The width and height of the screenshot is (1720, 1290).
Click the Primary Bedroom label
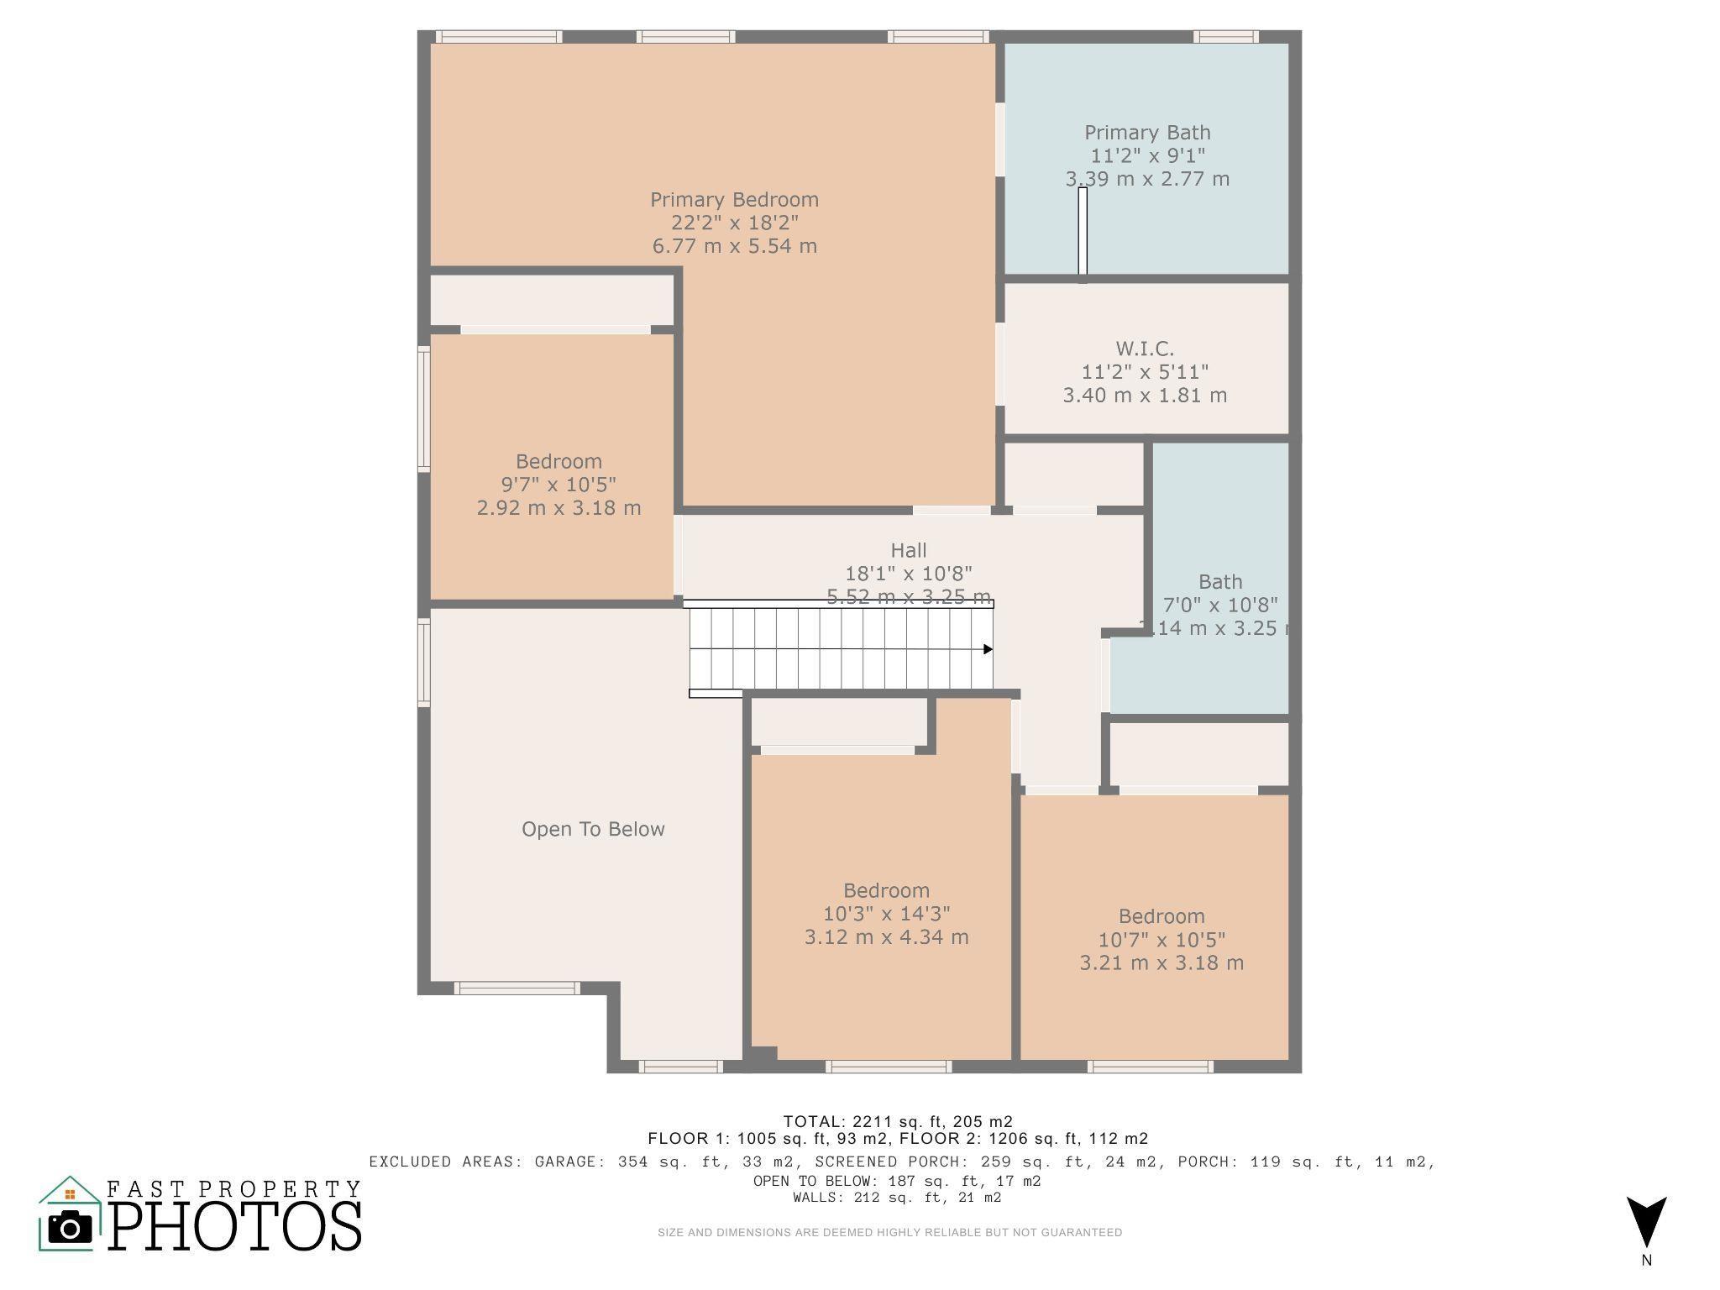[734, 200]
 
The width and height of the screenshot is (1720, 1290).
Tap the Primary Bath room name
[1147, 133]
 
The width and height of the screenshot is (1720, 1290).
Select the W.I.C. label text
[1145, 349]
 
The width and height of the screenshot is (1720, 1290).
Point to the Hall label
[909, 551]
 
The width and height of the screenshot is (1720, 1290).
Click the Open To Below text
[593, 830]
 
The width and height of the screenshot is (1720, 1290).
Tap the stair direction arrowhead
[988, 649]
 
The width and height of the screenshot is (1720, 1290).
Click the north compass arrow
[1646, 1222]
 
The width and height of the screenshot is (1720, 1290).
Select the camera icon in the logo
[71, 1228]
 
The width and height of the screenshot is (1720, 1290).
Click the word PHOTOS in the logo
[235, 1227]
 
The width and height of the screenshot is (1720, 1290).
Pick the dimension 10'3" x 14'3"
[887, 914]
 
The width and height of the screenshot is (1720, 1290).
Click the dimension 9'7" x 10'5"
[558, 485]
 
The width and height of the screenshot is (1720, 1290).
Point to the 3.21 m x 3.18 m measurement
[1162, 963]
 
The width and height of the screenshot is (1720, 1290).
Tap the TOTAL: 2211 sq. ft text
[898, 1121]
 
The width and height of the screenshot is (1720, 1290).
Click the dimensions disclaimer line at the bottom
[889, 1233]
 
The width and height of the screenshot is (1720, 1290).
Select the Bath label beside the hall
[1220, 582]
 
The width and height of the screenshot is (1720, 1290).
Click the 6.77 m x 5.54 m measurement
[734, 246]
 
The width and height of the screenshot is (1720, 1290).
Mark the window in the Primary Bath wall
[1225, 37]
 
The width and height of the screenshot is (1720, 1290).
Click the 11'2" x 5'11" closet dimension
[1145, 372]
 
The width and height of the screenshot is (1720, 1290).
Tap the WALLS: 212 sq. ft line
[897, 1198]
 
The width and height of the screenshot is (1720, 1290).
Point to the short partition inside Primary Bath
[1083, 232]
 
